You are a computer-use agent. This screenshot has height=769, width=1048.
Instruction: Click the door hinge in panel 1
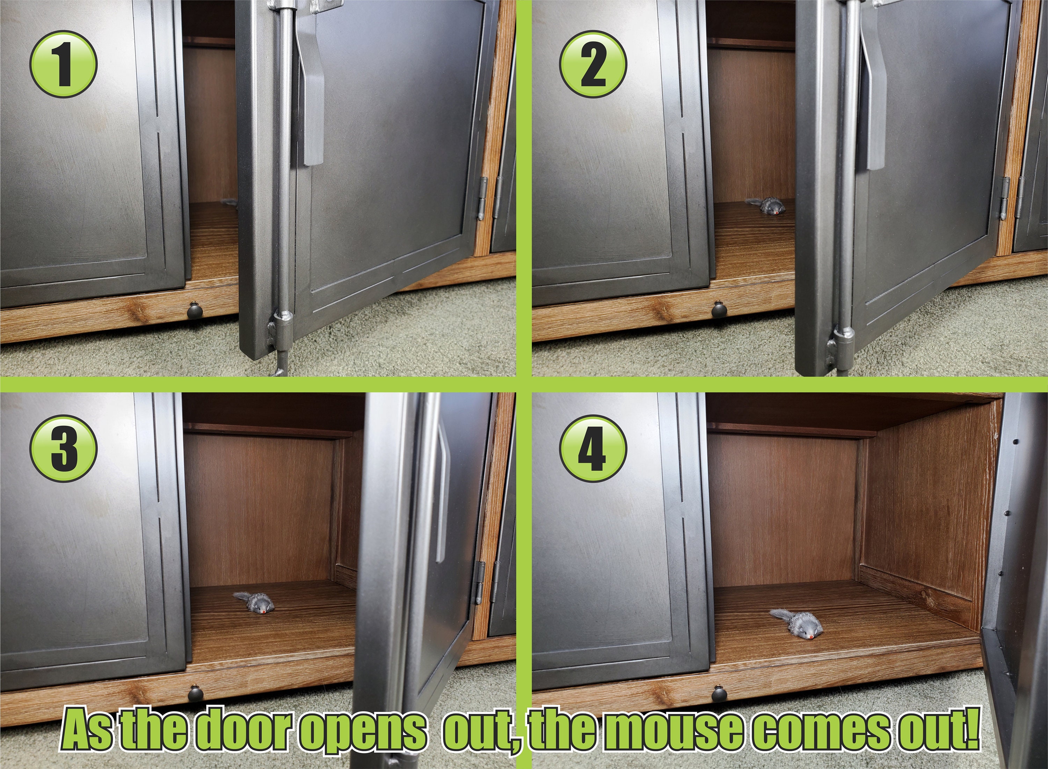pyautogui.click(x=483, y=198)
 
